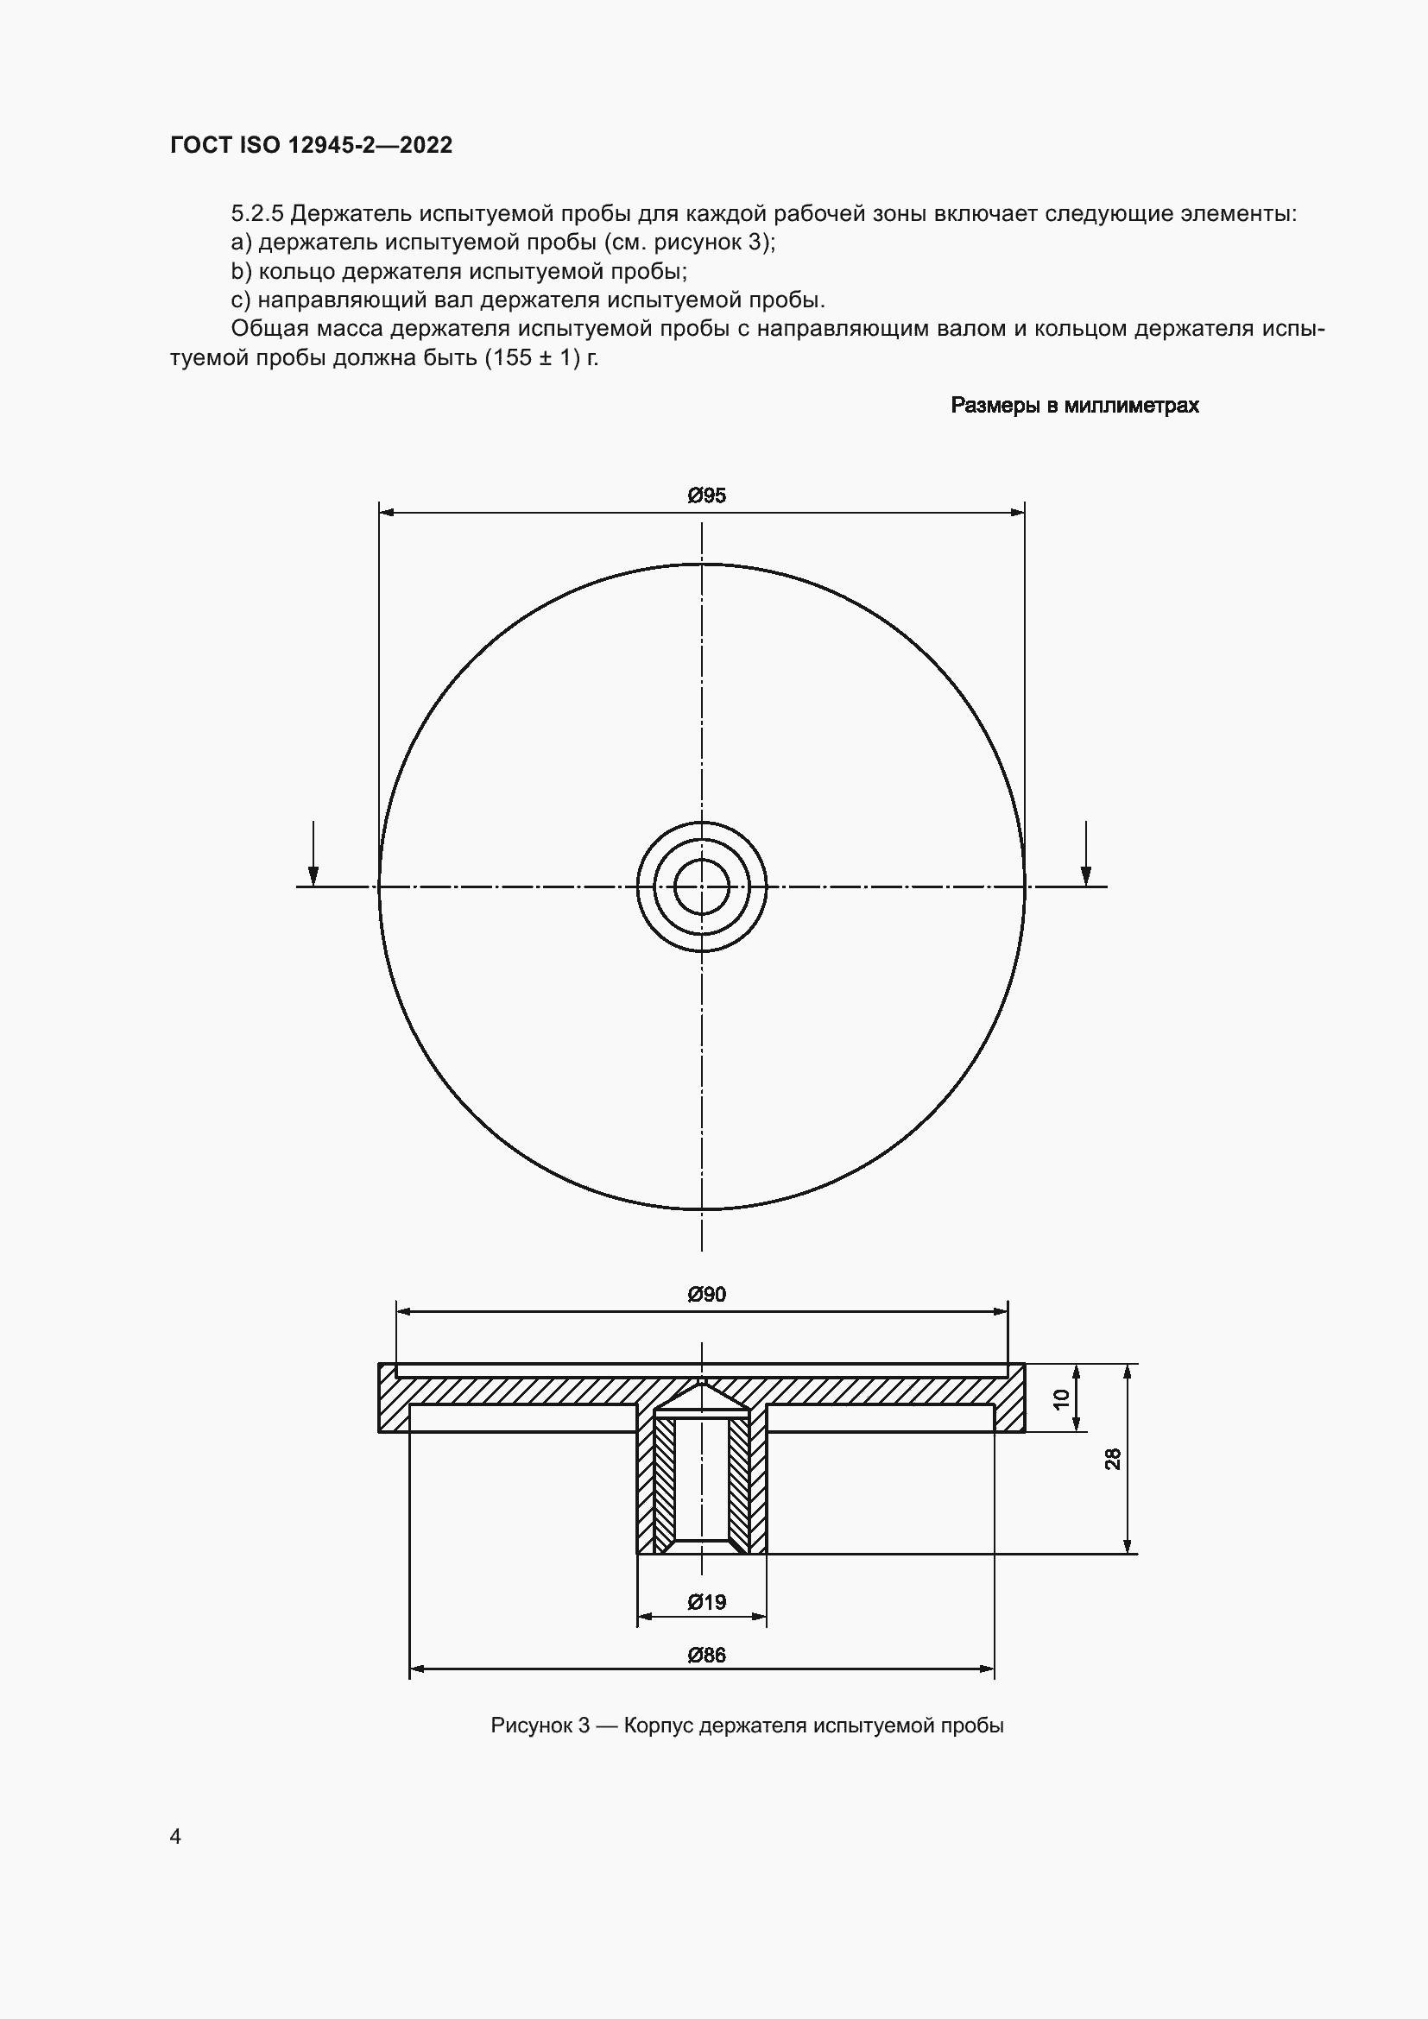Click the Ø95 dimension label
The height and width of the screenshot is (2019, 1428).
(x=706, y=496)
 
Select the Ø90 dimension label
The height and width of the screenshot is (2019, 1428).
(x=706, y=1295)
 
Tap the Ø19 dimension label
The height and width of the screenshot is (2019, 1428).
(x=706, y=1602)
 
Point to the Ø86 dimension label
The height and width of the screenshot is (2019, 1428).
(x=706, y=1656)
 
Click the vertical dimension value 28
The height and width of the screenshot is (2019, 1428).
(x=1113, y=1460)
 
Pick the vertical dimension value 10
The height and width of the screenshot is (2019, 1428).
(x=1061, y=1398)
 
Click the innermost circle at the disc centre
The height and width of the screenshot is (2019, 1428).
(x=702, y=886)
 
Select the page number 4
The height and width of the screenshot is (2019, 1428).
(x=176, y=1837)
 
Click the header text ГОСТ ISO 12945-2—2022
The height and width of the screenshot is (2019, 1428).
(x=312, y=145)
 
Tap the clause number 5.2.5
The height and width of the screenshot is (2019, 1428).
(x=256, y=214)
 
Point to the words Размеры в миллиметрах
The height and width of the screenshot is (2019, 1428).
(x=1075, y=406)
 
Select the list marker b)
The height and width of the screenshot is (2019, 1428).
(x=241, y=271)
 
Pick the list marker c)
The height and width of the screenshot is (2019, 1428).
(x=241, y=300)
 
